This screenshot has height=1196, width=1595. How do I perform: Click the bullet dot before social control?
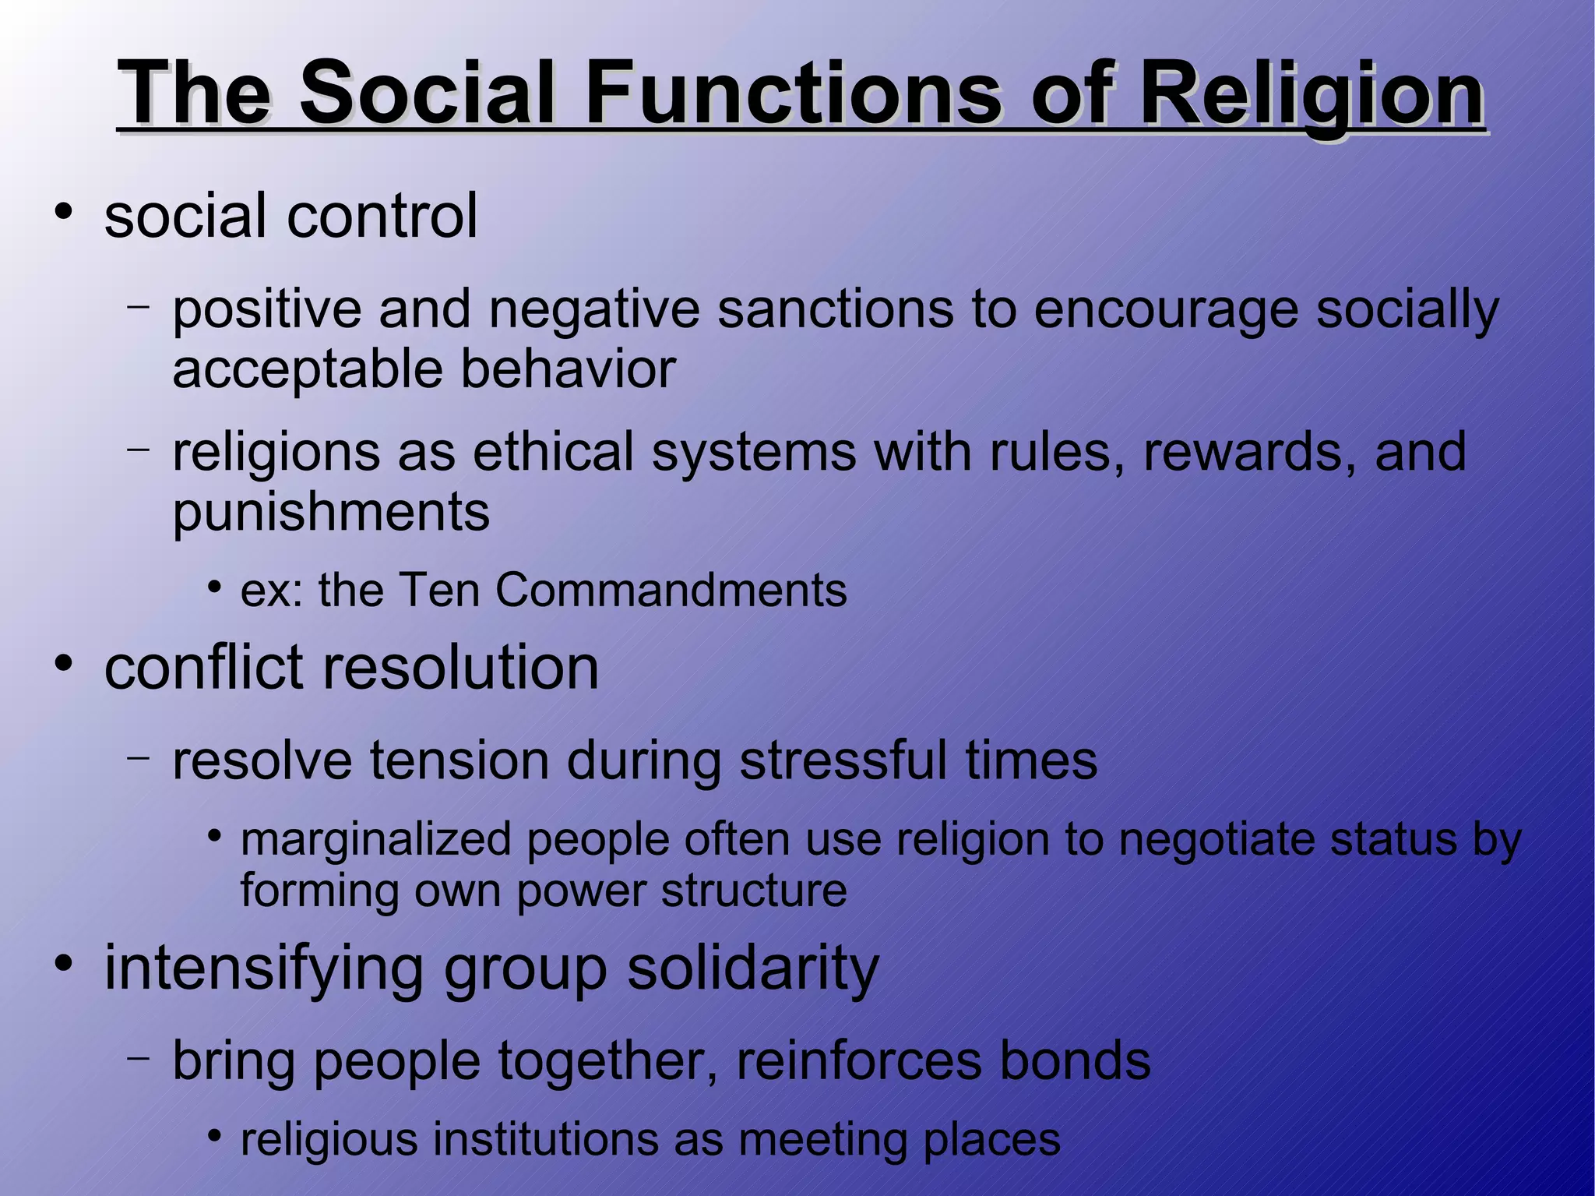point(64,211)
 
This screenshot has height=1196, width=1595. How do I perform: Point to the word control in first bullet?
point(382,216)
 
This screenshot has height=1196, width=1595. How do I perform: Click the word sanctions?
point(835,309)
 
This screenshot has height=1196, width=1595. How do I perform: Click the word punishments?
point(331,513)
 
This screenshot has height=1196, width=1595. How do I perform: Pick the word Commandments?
point(671,590)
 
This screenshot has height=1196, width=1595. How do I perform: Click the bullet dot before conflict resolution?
point(64,664)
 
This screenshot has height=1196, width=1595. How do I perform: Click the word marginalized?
point(375,840)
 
